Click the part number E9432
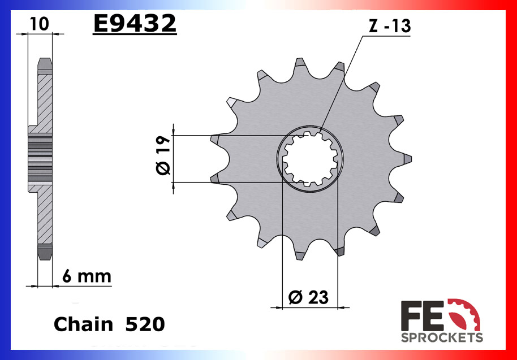click(135, 24)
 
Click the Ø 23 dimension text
click(308, 296)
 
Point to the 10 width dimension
click(38, 24)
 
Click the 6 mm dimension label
click(87, 277)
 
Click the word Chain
click(83, 324)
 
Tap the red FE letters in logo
click(422, 316)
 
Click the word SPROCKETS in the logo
click(442, 337)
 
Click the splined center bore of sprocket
click(309, 159)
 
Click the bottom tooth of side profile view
click(45, 252)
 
